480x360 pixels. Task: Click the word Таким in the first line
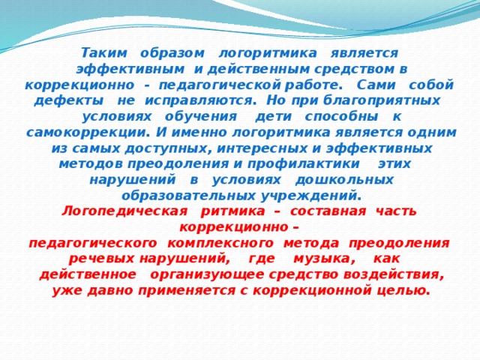click(103, 53)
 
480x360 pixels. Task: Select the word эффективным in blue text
click(130, 69)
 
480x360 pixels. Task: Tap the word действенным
click(259, 69)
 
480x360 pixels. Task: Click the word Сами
click(376, 85)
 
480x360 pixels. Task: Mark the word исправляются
click(200, 101)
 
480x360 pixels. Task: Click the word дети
click(273, 117)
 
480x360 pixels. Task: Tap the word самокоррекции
click(88, 133)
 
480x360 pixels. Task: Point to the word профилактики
click(303, 164)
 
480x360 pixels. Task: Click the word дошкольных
click(344, 180)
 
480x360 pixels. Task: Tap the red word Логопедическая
click(124, 211)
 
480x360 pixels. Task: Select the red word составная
click(328, 211)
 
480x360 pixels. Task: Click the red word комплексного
click(220, 243)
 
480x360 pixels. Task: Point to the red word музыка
click(324, 259)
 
